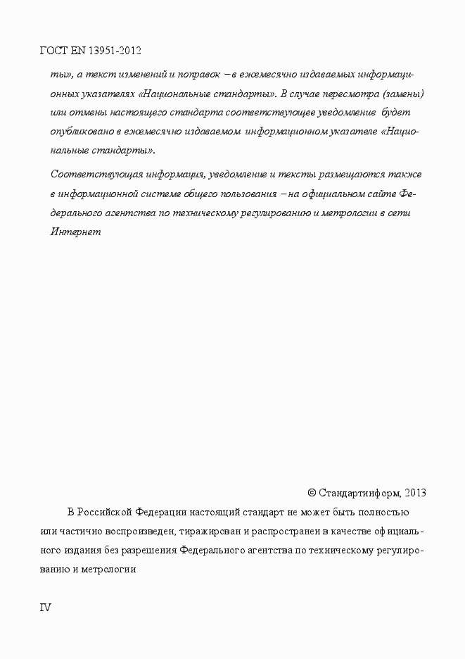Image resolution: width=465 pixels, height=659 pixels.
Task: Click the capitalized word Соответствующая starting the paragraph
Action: point(94,174)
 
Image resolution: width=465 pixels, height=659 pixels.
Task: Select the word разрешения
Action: point(151,550)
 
